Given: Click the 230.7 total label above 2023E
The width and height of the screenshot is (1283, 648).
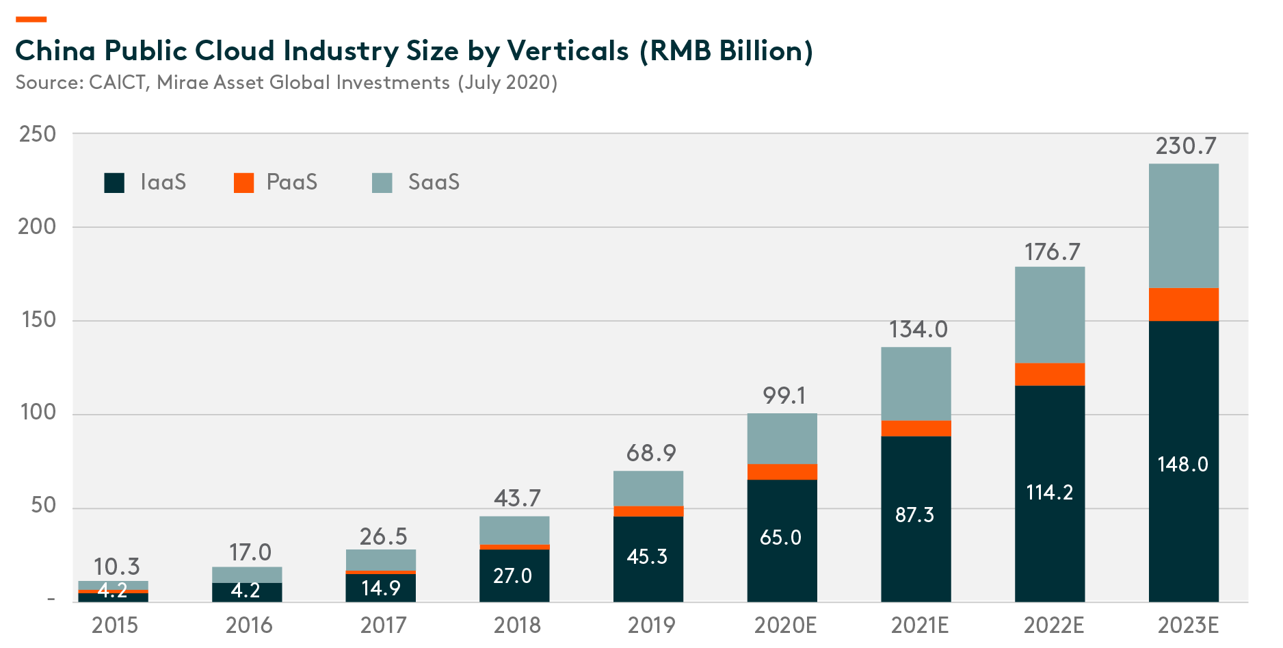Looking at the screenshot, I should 1186,146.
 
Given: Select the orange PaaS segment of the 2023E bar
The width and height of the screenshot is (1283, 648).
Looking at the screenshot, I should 1183,304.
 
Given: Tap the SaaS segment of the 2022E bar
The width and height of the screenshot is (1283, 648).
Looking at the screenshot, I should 1050,315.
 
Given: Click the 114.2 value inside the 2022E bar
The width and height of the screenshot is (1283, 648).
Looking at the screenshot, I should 1050,493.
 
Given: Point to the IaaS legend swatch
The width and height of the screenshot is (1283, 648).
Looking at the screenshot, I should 114,183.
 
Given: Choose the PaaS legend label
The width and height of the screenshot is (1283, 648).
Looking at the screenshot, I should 292,183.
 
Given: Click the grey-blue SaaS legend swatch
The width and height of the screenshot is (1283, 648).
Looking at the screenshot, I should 382,183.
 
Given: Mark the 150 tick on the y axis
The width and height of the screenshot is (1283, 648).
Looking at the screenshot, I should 38,320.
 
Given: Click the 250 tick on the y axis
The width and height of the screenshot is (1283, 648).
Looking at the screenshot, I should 38,134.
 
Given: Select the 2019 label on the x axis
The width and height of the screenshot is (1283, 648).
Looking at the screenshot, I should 651,625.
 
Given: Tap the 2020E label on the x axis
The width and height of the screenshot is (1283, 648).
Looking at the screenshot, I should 785,625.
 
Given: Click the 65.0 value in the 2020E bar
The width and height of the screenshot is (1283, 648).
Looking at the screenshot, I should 780,538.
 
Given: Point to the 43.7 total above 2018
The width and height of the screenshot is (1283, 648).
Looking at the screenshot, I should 517,498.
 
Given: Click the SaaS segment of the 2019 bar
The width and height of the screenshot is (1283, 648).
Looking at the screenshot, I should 648,489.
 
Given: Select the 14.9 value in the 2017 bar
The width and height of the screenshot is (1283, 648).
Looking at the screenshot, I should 381,588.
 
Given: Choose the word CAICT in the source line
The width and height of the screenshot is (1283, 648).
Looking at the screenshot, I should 118,83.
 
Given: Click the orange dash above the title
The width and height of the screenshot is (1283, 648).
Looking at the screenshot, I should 31,19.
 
